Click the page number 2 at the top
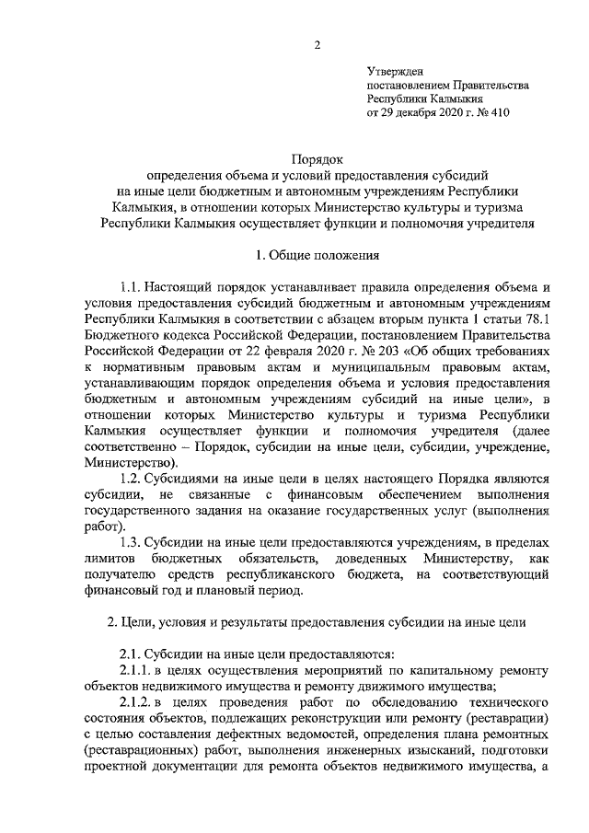click(316, 44)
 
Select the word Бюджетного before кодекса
click(121, 332)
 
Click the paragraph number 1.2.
click(132, 479)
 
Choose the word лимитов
click(109, 560)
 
